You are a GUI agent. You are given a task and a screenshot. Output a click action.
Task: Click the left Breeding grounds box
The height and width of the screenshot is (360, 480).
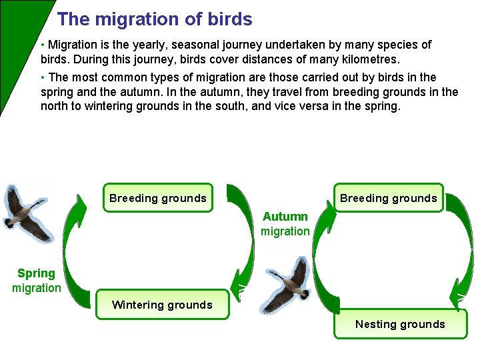[158, 198]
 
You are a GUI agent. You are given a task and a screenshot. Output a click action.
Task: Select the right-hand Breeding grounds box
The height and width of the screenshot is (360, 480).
[389, 198]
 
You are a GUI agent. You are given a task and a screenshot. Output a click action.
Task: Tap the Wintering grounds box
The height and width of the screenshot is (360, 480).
[162, 305]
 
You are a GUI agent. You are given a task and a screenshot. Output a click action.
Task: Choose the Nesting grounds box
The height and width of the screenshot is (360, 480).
[400, 324]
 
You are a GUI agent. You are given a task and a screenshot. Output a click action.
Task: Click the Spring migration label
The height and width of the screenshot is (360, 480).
[37, 281]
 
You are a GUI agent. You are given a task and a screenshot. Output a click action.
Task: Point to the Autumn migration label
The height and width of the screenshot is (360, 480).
[285, 224]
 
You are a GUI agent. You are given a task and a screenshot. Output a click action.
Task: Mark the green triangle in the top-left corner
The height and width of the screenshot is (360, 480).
[17, 33]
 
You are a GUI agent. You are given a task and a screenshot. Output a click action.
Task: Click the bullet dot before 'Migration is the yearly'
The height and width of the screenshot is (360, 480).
[43, 45]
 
